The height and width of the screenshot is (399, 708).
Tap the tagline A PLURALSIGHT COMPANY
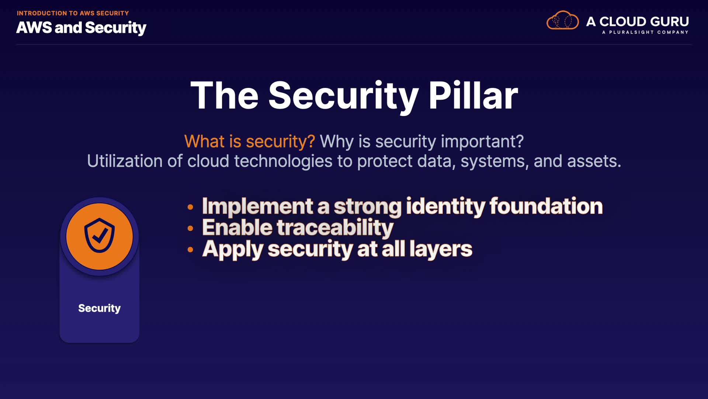pos(645,32)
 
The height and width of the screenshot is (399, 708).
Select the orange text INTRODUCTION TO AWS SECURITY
pos(73,13)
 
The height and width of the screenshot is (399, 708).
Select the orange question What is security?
pos(250,141)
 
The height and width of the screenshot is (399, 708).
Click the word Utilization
pos(125,161)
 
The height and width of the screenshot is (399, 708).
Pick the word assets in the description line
pos(594,161)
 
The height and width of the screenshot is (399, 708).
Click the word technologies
pos(283,161)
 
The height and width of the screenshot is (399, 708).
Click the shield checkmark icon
pos(100,236)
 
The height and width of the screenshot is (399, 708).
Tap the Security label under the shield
pos(100,308)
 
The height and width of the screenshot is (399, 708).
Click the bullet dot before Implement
pos(190,207)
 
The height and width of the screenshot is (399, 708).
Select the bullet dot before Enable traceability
pos(190,228)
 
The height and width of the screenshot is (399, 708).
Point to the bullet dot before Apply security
pos(190,250)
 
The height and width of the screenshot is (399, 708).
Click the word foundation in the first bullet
pos(546,206)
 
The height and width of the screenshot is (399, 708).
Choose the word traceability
pos(335,228)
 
